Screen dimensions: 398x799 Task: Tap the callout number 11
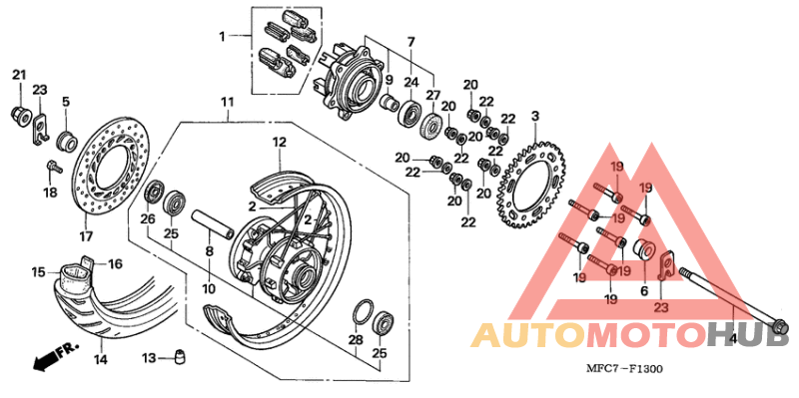click(x=227, y=102)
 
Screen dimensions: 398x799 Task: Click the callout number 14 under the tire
click(x=101, y=358)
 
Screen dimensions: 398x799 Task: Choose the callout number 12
click(x=281, y=142)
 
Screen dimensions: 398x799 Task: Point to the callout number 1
click(x=224, y=37)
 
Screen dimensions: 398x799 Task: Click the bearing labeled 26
click(x=156, y=192)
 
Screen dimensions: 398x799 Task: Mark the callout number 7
click(x=409, y=41)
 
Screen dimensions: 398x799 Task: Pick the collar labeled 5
click(x=66, y=139)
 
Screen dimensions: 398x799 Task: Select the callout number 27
click(x=433, y=96)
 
